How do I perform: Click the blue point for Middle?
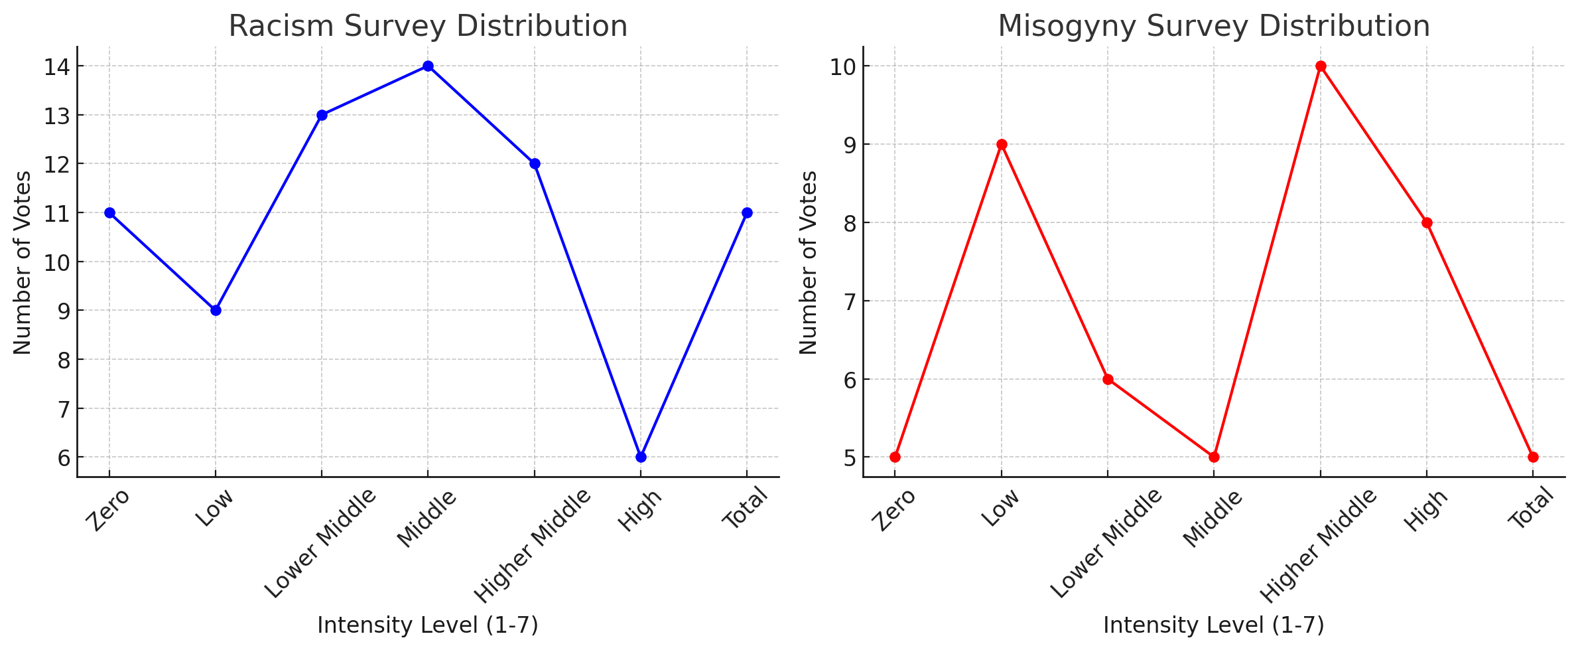428,66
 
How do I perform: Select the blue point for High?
641,457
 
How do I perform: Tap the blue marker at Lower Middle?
322,115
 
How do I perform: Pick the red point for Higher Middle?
1321,66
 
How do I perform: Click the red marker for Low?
1002,144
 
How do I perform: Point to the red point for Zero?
895,457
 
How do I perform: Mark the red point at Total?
1533,457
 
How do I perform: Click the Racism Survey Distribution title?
428,27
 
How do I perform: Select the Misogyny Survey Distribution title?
1214,27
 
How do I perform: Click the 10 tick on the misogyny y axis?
843,66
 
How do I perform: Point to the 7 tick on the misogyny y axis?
850,301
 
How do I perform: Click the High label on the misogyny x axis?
1425,511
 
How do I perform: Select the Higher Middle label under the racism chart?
532,546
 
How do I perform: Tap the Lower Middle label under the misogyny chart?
1106,543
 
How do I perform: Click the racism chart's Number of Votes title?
23,263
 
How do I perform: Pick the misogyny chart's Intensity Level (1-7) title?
1213,625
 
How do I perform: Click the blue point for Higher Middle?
535,163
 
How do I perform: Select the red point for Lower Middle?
1108,379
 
